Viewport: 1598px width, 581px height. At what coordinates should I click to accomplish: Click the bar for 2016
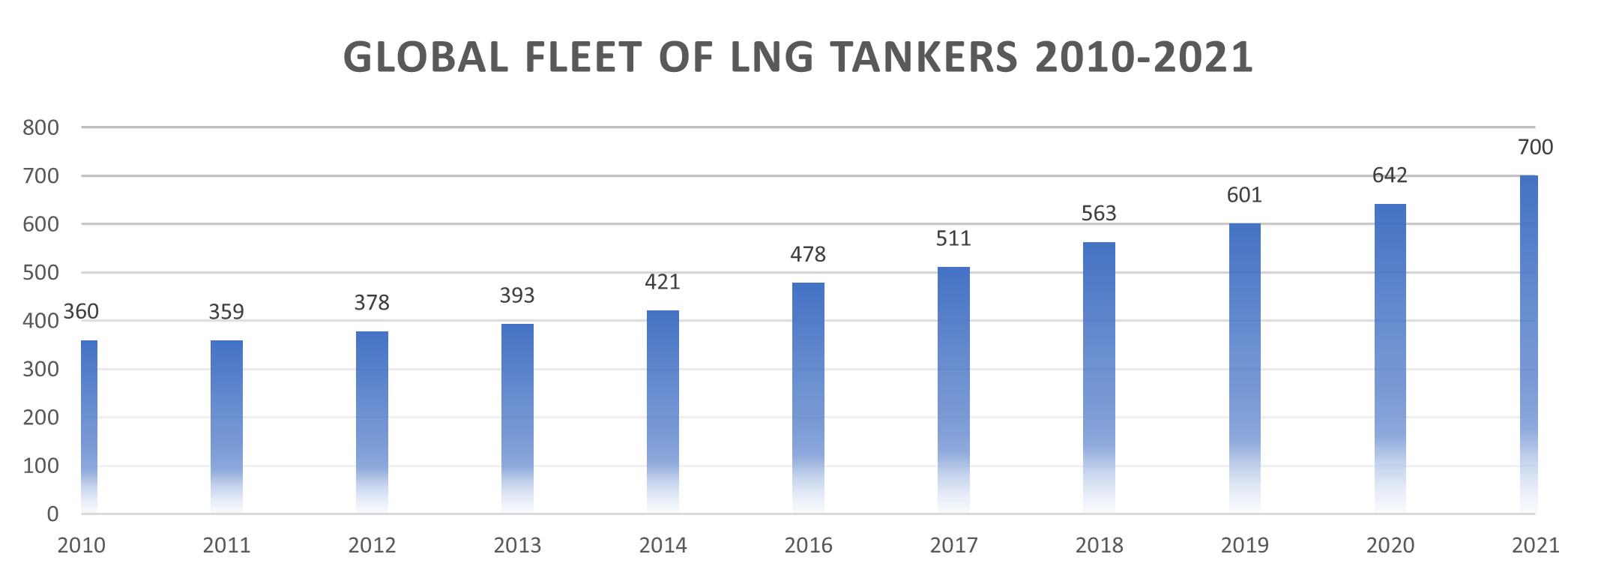pos(808,397)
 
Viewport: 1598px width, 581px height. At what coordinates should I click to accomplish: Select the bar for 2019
pos(1244,367)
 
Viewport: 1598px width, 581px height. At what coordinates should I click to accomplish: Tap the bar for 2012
pos(372,422)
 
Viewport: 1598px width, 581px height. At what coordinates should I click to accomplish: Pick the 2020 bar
pos(1390,358)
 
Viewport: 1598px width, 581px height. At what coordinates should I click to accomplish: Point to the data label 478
pos(808,255)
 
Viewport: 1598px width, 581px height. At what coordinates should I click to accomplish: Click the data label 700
pos(1535,148)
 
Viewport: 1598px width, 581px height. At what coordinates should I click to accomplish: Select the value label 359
pos(226,312)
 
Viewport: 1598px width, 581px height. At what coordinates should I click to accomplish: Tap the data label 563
pos(1099,214)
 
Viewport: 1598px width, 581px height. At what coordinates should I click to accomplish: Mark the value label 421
pos(663,283)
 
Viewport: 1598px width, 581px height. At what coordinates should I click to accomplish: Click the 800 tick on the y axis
pos(41,127)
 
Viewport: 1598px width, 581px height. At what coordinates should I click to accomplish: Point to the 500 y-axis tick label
pos(41,273)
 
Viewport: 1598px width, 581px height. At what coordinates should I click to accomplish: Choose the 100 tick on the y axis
pos(41,466)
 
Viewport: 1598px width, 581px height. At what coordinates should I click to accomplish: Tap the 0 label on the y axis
pos(52,514)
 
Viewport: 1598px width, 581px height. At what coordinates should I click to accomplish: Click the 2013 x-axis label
pos(517,546)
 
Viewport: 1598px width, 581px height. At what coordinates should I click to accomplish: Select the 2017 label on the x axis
pos(953,546)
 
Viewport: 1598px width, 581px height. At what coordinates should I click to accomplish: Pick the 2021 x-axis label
pos(1535,546)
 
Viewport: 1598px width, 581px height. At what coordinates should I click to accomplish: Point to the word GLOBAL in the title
pos(426,57)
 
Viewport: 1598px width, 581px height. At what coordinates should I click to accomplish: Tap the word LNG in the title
pos(773,57)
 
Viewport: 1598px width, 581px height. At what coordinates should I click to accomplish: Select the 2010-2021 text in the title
pos(1144,57)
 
